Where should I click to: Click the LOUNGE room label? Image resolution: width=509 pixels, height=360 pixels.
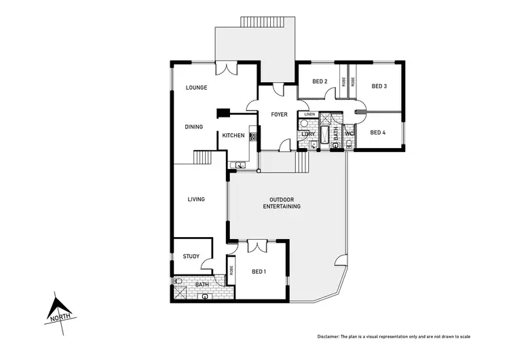(197, 88)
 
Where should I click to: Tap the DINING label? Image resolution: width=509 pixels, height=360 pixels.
(194, 127)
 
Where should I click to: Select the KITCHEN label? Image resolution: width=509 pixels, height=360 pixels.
(233, 136)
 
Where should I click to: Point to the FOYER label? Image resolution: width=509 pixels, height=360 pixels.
(279, 114)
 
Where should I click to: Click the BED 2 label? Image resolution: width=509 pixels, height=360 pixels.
(320, 82)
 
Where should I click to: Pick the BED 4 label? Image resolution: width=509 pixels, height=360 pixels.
(378, 132)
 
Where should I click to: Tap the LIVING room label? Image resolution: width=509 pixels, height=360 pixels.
(196, 199)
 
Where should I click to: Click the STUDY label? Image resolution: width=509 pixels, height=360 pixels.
(191, 257)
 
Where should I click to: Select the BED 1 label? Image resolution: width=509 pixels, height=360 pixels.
(259, 272)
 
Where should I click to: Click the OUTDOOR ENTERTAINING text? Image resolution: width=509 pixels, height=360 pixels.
(282, 202)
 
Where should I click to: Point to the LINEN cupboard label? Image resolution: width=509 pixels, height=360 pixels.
(309, 114)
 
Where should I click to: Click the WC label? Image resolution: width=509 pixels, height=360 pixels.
(349, 133)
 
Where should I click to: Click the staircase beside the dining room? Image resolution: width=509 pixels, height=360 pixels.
(203, 158)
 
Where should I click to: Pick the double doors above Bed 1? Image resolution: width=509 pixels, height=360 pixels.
(258, 245)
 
